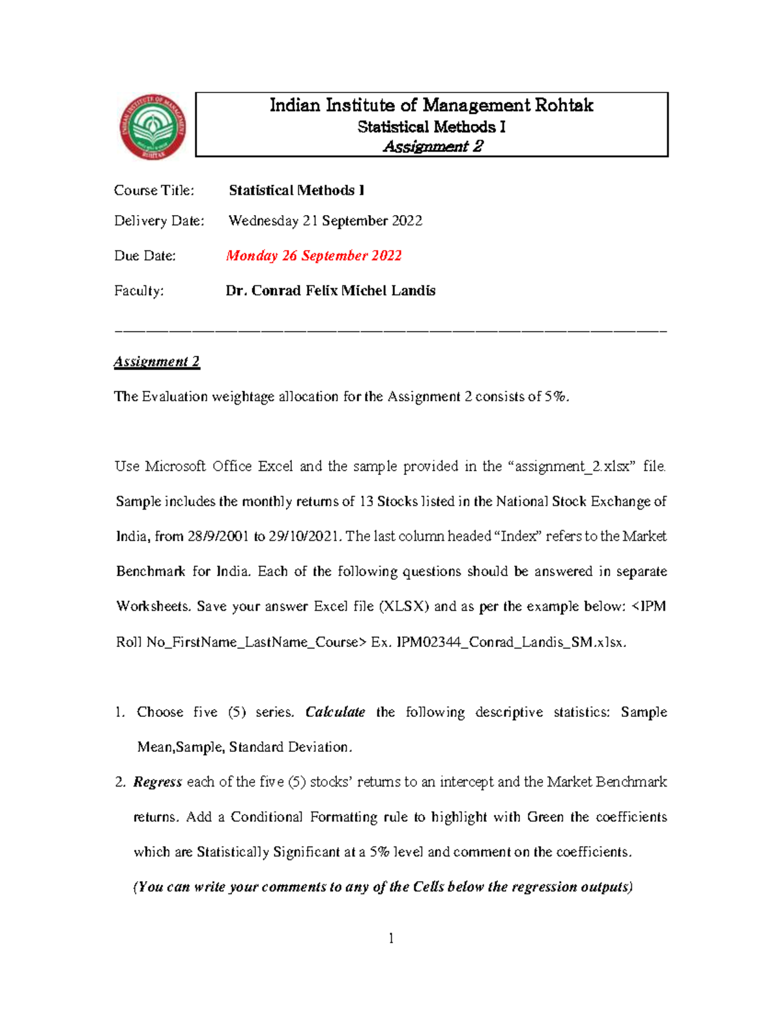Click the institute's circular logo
coord(152,126)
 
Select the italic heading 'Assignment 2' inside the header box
coord(433,146)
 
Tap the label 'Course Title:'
coord(154,190)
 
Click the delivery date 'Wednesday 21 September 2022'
coord(325,221)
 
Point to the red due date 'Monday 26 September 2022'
coord(313,255)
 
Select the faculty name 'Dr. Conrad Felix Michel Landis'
coord(330,291)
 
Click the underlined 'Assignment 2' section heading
coord(156,362)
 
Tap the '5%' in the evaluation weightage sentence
coord(556,396)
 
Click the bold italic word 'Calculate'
coord(335,712)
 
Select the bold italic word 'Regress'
coord(157,782)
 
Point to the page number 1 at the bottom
coord(391,938)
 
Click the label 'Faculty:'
coord(139,291)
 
